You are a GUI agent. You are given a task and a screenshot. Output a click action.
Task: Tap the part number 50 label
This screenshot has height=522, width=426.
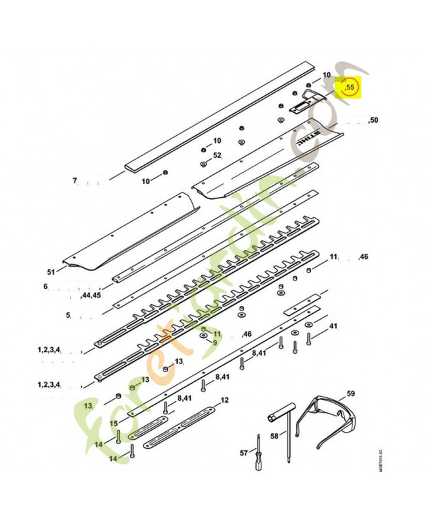tap(373, 120)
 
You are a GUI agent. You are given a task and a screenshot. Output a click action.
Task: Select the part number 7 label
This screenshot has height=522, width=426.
tap(74, 180)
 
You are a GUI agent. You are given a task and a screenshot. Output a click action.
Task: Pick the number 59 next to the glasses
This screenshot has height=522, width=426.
tap(350, 393)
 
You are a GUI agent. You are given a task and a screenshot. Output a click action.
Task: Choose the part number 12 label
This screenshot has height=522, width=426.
tap(224, 400)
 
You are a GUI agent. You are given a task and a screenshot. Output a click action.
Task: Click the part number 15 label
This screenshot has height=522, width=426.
tap(114, 423)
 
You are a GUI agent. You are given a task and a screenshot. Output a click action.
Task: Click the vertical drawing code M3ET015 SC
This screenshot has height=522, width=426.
tap(380, 463)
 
